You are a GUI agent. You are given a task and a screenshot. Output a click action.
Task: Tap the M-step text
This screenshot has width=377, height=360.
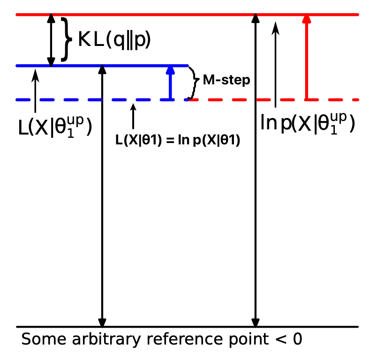click(x=226, y=80)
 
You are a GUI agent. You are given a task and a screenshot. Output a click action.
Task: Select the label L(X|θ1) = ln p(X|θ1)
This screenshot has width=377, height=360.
click(x=178, y=140)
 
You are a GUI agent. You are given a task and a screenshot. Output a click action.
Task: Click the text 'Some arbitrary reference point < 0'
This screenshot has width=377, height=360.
click(x=162, y=339)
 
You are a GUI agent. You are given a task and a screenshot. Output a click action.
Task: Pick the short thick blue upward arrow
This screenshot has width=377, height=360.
click(x=171, y=83)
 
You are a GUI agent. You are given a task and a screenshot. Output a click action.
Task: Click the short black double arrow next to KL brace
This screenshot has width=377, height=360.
click(x=51, y=40)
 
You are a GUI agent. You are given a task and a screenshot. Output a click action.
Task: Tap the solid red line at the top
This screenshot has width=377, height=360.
click(x=188, y=15)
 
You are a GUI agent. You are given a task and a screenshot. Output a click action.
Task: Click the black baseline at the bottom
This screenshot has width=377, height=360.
click(x=188, y=326)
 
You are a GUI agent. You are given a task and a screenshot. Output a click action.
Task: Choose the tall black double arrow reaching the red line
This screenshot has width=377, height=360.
click(x=256, y=187)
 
